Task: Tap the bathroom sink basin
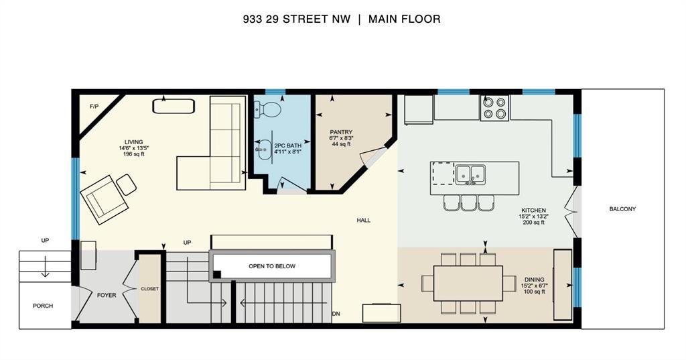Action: coord(263,149)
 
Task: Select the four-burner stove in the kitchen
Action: coord(494,108)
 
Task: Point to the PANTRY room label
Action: coord(341,132)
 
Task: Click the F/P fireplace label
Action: coord(94,107)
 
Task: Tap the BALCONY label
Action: coord(622,209)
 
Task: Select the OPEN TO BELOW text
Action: coord(272,266)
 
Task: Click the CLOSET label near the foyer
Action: coord(149,289)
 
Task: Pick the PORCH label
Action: coord(43,306)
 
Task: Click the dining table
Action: coord(468,283)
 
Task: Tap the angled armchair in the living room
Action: coord(104,200)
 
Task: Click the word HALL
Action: coord(364,221)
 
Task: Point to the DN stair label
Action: coord(336,314)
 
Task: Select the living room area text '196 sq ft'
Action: coord(134,154)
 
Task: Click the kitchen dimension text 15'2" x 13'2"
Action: coord(534,217)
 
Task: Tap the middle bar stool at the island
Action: coord(468,202)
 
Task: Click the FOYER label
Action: coord(107,295)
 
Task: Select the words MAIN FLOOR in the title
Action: coord(404,19)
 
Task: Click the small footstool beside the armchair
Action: coord(127,184)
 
